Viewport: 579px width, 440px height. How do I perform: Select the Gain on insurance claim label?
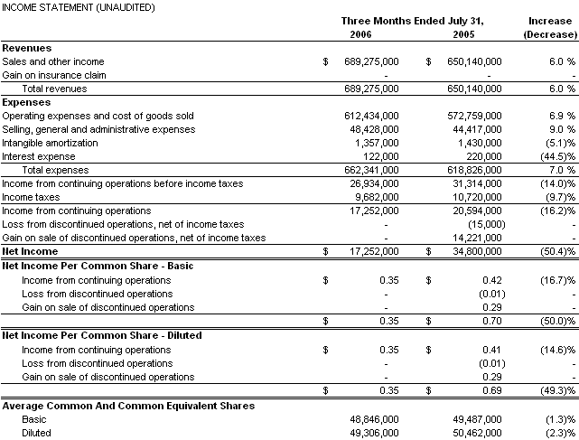point(54,75)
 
